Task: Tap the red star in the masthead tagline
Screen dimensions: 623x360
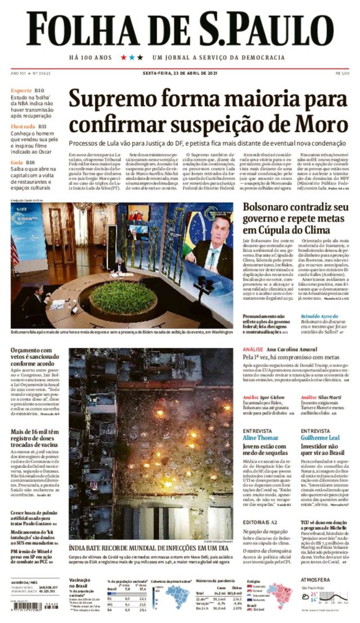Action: [123, 57]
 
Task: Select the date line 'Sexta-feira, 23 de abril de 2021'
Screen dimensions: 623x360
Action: [180, 73]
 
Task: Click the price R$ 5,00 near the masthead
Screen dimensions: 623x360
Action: [342, 73]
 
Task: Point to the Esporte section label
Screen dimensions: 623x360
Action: [21, 90]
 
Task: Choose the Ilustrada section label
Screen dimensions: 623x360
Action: [23, 126]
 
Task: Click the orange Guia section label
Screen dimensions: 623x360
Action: [17, 162]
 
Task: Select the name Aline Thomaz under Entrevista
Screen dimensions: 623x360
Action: [260, 438]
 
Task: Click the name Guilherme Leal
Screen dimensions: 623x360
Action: [320, 438]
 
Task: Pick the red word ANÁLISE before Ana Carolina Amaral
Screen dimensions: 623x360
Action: [253, 349]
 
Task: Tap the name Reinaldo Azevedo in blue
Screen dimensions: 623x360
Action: [319, 316]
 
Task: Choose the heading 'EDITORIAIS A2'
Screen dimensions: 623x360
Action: [260, 523]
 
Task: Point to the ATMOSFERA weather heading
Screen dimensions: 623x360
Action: [315, 580]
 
